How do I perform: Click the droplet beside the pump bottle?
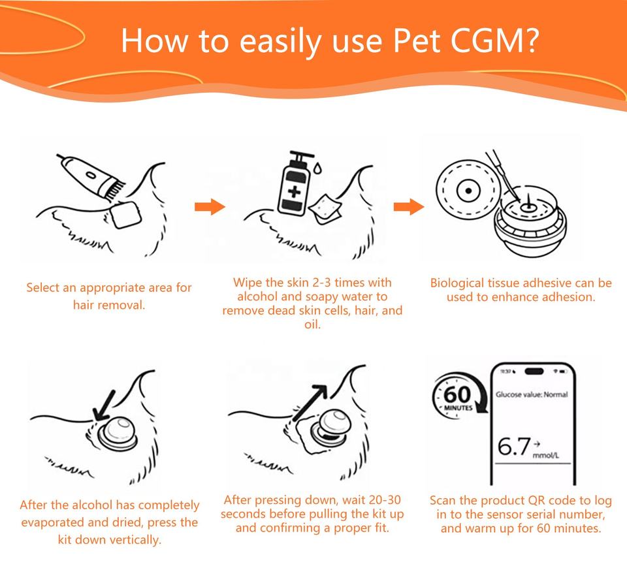tap(318, 168)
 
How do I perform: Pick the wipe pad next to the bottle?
tap(325, 209)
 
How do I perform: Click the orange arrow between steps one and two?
tap(210, 206)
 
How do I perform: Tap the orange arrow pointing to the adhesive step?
tap(409, 206)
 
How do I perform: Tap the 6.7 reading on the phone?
tap(514, 447)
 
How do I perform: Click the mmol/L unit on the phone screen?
tap(546, 455)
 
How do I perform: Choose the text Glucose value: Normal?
tap(532, 394)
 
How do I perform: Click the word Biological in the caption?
tap(457, 283)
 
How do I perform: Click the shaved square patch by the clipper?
tap(125, 214)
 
